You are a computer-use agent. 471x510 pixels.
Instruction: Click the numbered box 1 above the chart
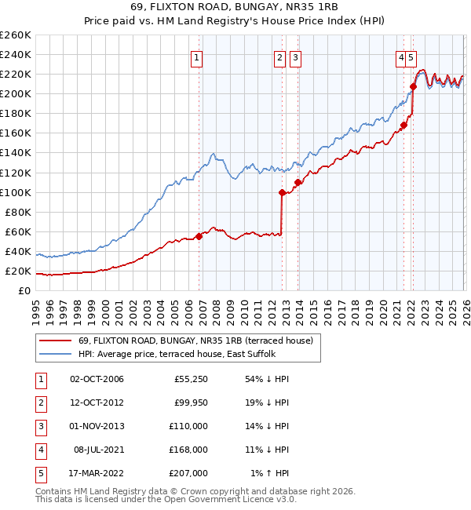(195, 56)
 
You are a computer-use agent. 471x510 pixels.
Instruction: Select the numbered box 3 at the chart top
(294, 56)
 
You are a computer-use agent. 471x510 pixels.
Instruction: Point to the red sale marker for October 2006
(199, 235)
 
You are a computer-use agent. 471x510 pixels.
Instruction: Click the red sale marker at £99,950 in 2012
(282, 191)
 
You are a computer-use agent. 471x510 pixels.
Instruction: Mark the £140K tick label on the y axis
(16, 152)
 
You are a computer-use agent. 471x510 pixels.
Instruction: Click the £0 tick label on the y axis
(24, 291)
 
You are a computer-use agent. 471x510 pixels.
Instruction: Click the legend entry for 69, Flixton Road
(195, 341)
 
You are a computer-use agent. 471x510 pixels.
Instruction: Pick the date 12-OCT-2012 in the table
(97, 403)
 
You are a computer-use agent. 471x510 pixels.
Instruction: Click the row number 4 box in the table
(38, 450)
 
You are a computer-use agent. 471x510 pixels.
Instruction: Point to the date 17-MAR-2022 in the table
(97, 473)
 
